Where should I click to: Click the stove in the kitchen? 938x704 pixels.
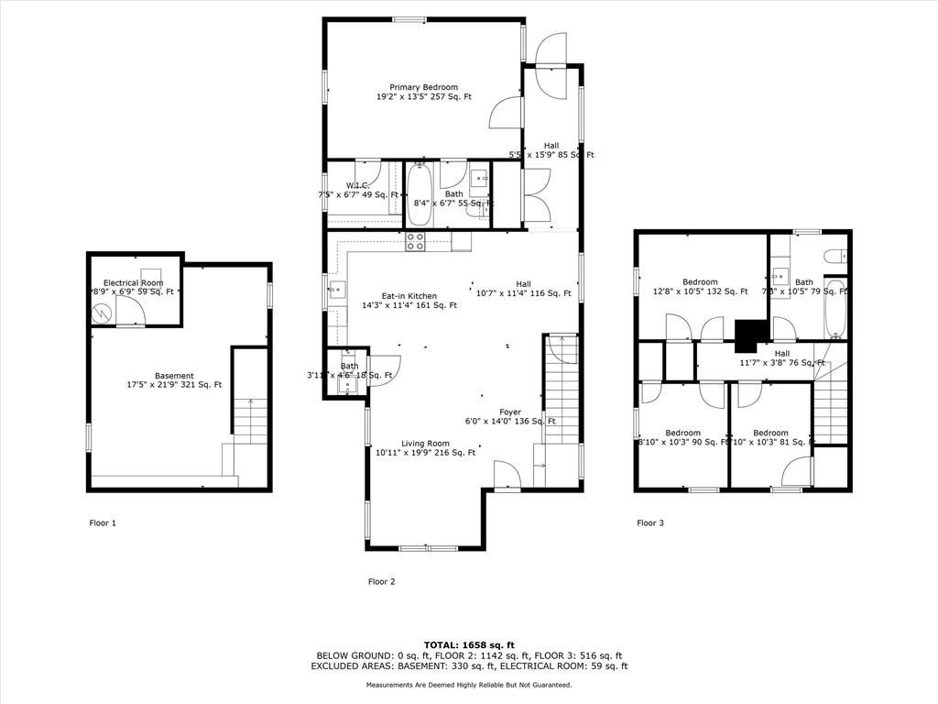click(415, 242)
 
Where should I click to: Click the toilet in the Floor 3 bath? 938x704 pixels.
click(834, 257)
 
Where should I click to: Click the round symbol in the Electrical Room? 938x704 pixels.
click(101, 313)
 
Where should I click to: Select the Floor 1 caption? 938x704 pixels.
click(102, 523)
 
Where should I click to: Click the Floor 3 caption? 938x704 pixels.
click(649, 523)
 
